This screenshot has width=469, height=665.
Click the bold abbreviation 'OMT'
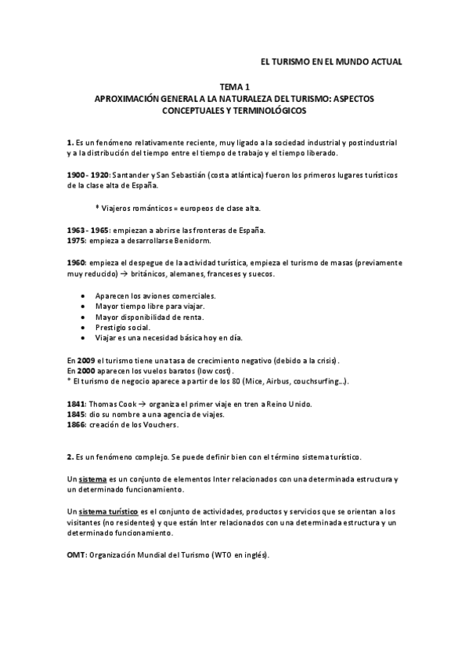pos(77,555)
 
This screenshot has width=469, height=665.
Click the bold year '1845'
pos(78,414)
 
